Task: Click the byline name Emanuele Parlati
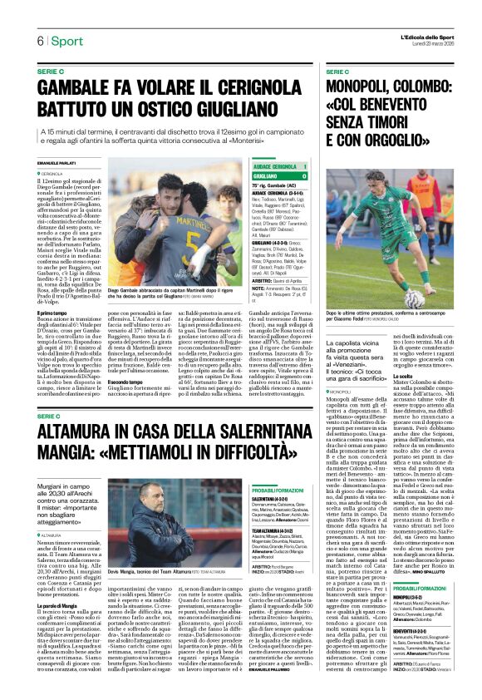pyautogui.click(x=57, y=161)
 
